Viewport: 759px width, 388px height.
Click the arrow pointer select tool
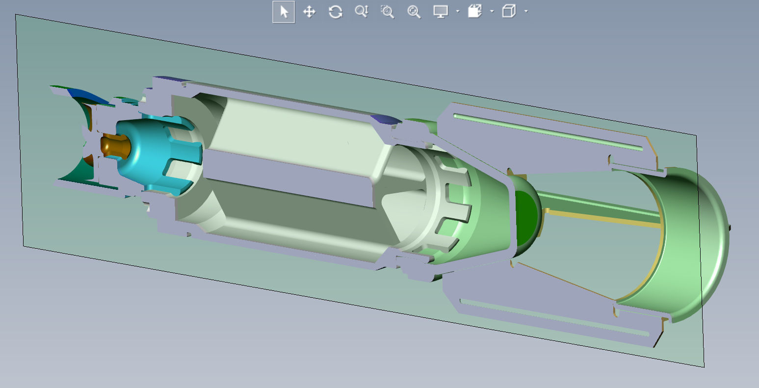coord(284,12)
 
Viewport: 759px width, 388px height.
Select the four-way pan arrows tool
coord(309,12)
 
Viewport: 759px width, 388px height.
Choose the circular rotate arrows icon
coord(336,12)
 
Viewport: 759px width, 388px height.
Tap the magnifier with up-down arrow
coord(362,12)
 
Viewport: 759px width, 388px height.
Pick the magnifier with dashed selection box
coord(388,12)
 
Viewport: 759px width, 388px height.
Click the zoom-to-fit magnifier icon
coord(414,12)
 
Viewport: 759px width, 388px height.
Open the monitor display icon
coord(441,12)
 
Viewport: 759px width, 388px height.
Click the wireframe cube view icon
coord(509,12)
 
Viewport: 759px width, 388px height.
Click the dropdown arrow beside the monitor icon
coord(457,12)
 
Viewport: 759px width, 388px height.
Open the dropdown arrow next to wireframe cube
coord(526,12)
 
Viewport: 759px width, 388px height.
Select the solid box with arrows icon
coord(474,12)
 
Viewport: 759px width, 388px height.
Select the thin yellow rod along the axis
coord(603,218)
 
